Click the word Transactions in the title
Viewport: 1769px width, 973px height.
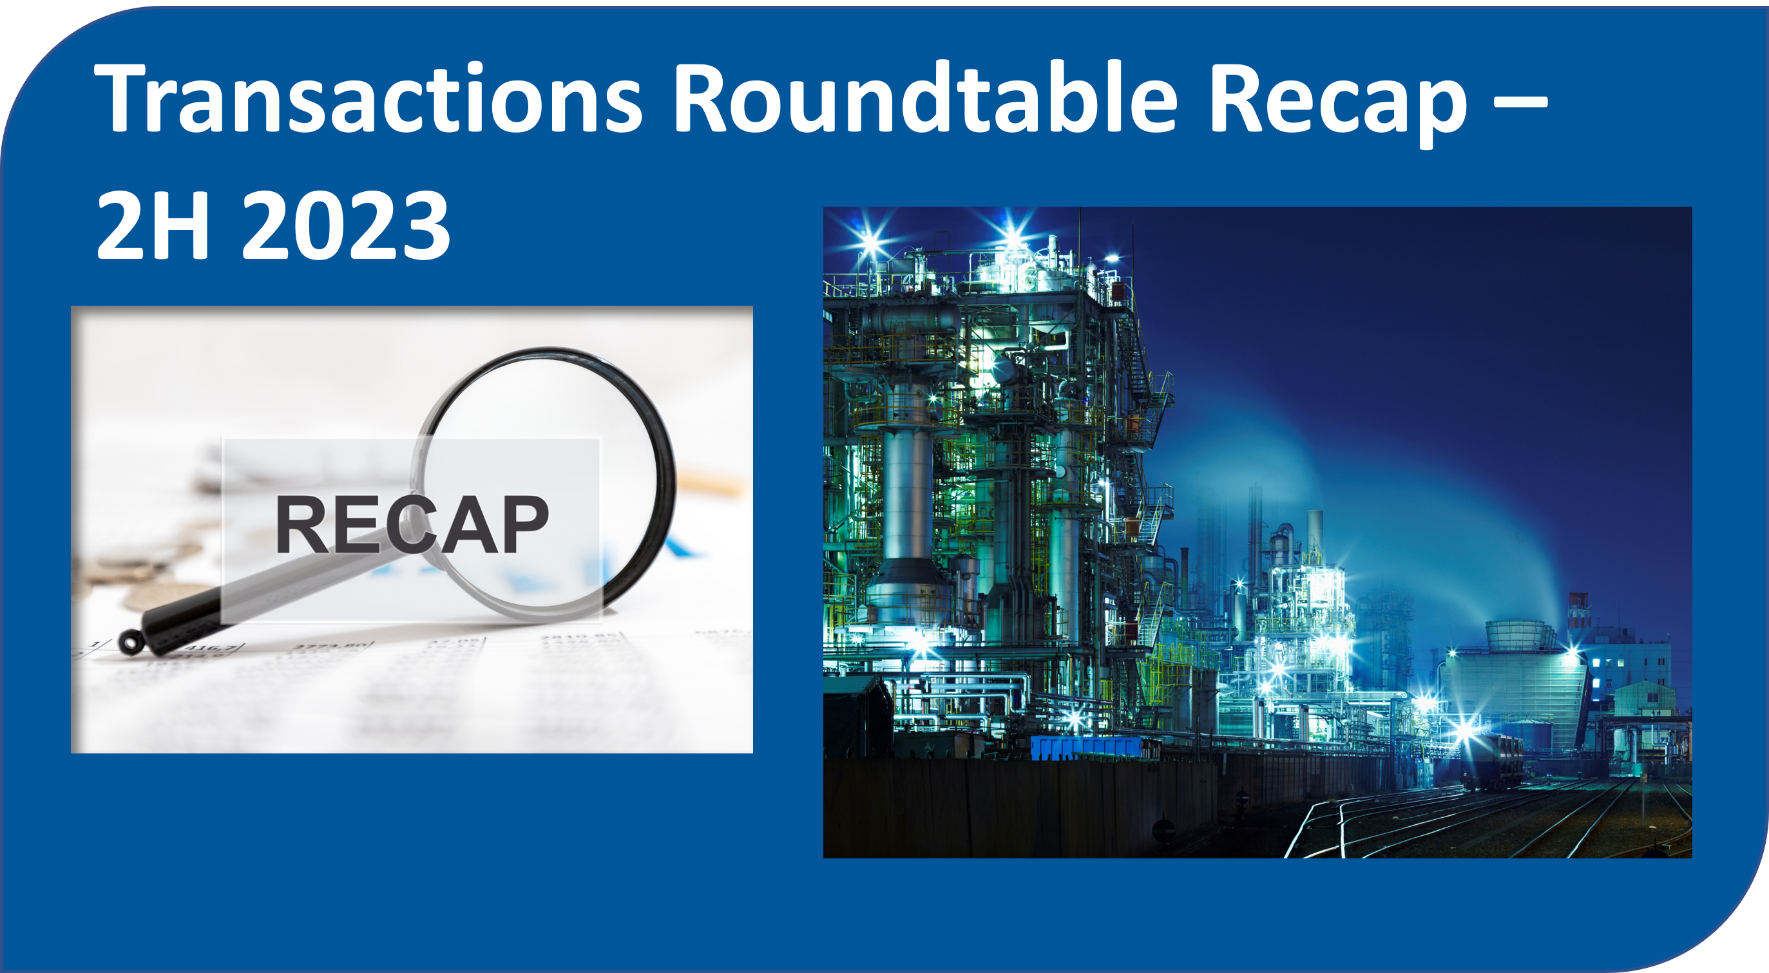368,97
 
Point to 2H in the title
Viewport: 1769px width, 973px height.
153,225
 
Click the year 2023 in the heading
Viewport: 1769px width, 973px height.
346,225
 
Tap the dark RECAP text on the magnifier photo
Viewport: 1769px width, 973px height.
412,524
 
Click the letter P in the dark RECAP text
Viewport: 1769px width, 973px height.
524,524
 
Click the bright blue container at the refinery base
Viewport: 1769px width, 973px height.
1085,747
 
